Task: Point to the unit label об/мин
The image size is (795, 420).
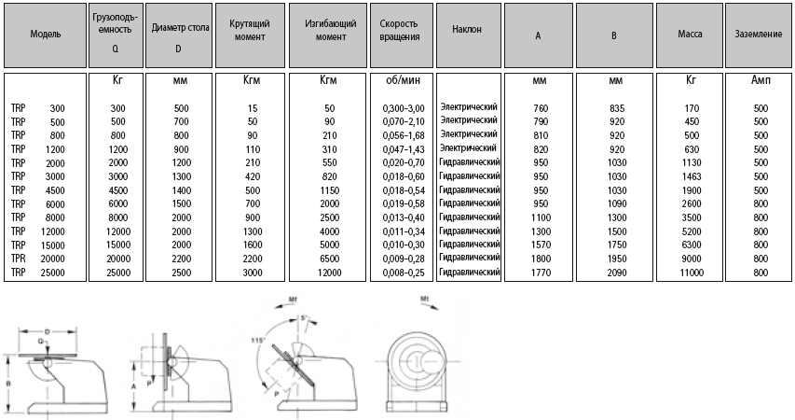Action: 400,81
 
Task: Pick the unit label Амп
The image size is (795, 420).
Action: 760,81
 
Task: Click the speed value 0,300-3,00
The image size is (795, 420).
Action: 402,109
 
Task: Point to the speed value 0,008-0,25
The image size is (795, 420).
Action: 402,272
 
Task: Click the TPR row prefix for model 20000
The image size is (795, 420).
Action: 18,259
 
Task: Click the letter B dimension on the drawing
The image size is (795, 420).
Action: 8,381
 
